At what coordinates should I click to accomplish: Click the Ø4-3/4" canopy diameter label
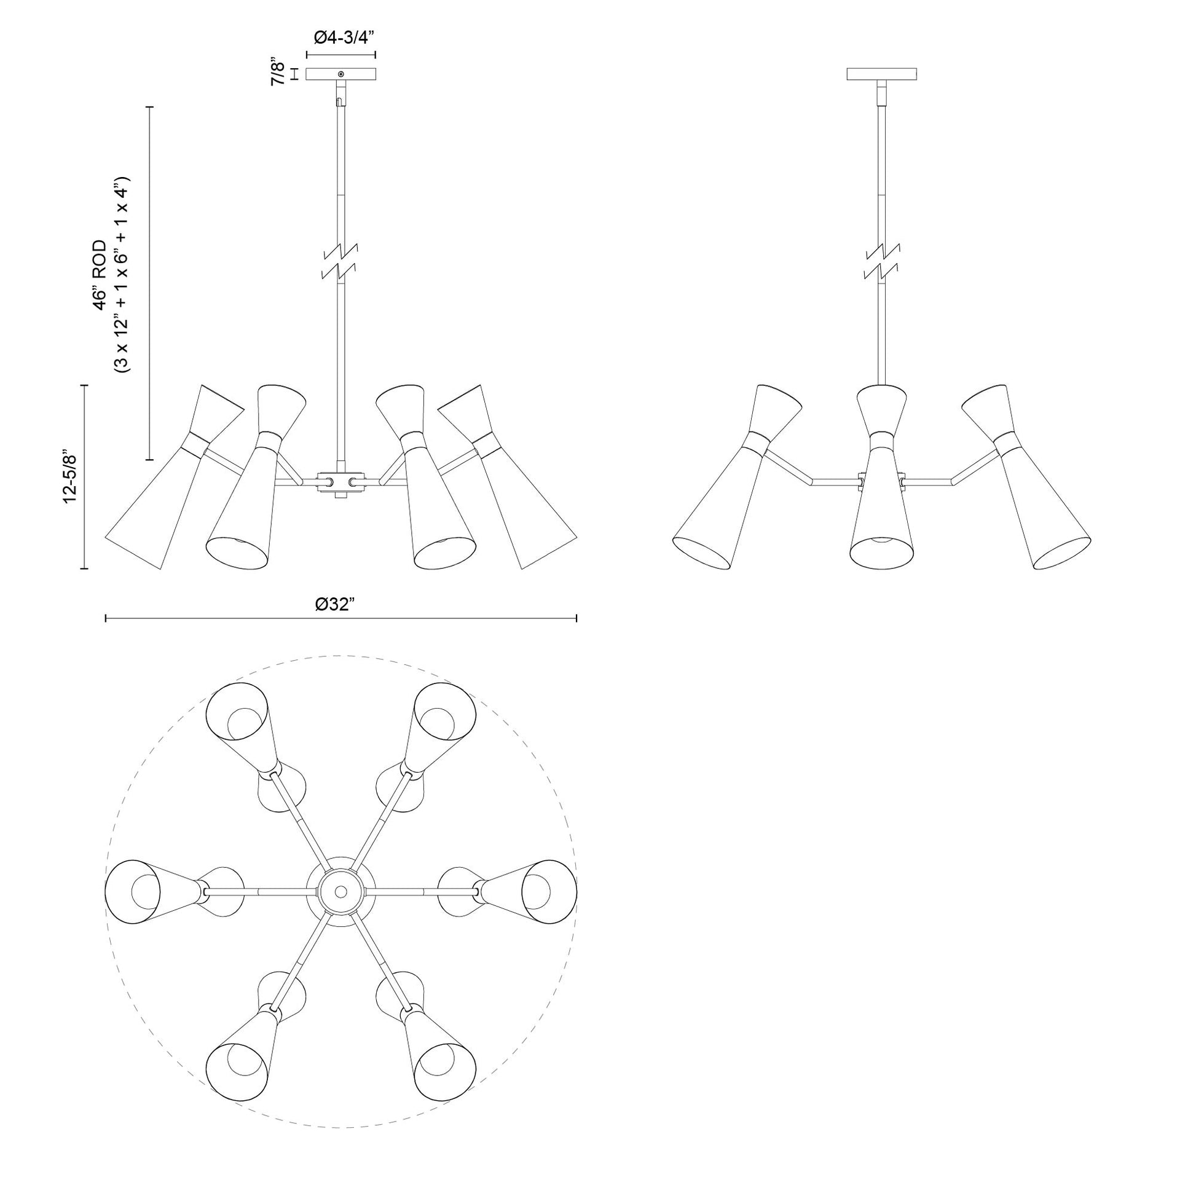[341, 37]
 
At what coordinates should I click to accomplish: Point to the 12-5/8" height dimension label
[70, 476]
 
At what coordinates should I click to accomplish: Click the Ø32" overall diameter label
[335, 604]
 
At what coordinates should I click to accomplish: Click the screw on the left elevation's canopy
[341, 74]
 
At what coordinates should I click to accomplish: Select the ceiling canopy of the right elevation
[881, 74]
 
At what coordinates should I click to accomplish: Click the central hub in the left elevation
[340, 482]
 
